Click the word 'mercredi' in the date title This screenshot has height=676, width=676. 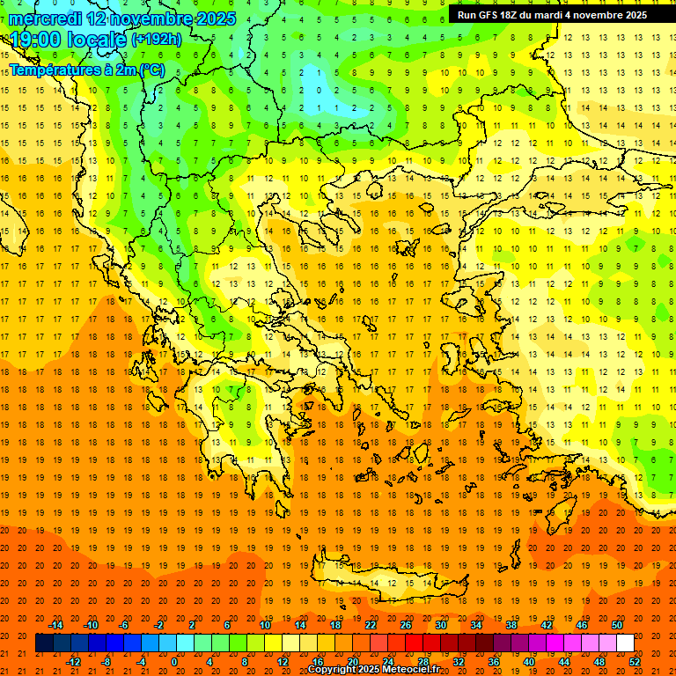pyautogui.click(x=44, y=18)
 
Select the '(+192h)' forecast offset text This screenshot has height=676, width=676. pyautogui.click(x=157, y=40)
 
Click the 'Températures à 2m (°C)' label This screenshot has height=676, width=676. pyautogui.click(x=86, y=70)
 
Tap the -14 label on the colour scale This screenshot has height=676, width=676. pyautogui.click(x=55, y=625)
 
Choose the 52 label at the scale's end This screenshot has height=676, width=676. pyautogui.click(x=636, y=662)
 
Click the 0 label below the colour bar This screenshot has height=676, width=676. pyautogui.click(x=174, y=662)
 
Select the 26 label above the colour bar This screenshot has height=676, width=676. pyautogui.click(x=406, y=625)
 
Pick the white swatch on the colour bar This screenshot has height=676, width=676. pyautogui.click(x=625, y=643)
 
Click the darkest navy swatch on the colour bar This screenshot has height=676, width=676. pyautogui.click(x=44, y=643)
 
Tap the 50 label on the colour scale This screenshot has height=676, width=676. pyautogui.click(x=617, y=625)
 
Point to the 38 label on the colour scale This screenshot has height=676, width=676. pyautogui.click(x=511, y=625)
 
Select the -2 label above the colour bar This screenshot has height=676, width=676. pyautogui.click(x=159, y=625)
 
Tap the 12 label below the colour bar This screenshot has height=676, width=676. pyautogui.click(x=283, y=662)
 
